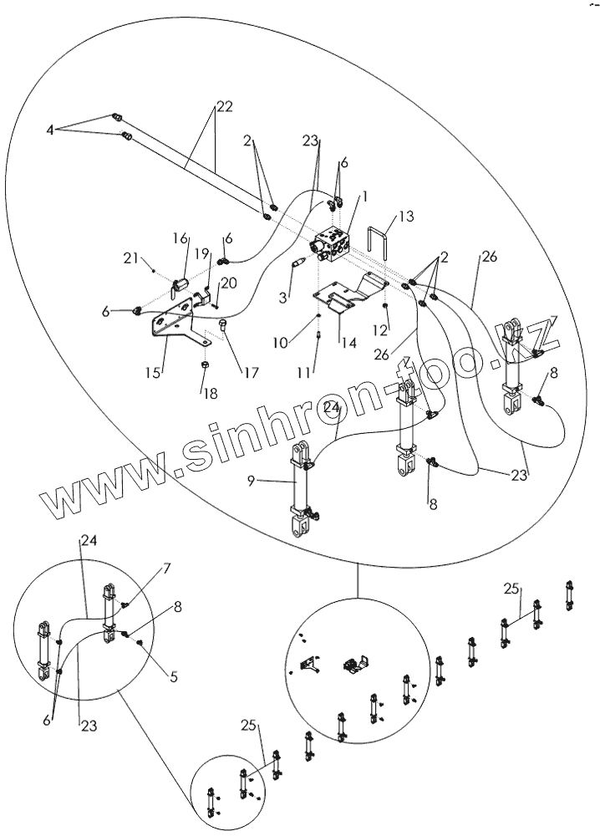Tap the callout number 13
pos(406,217)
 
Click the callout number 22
pos(223,108)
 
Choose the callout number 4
pos(50,130)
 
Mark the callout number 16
pos(181,239)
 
